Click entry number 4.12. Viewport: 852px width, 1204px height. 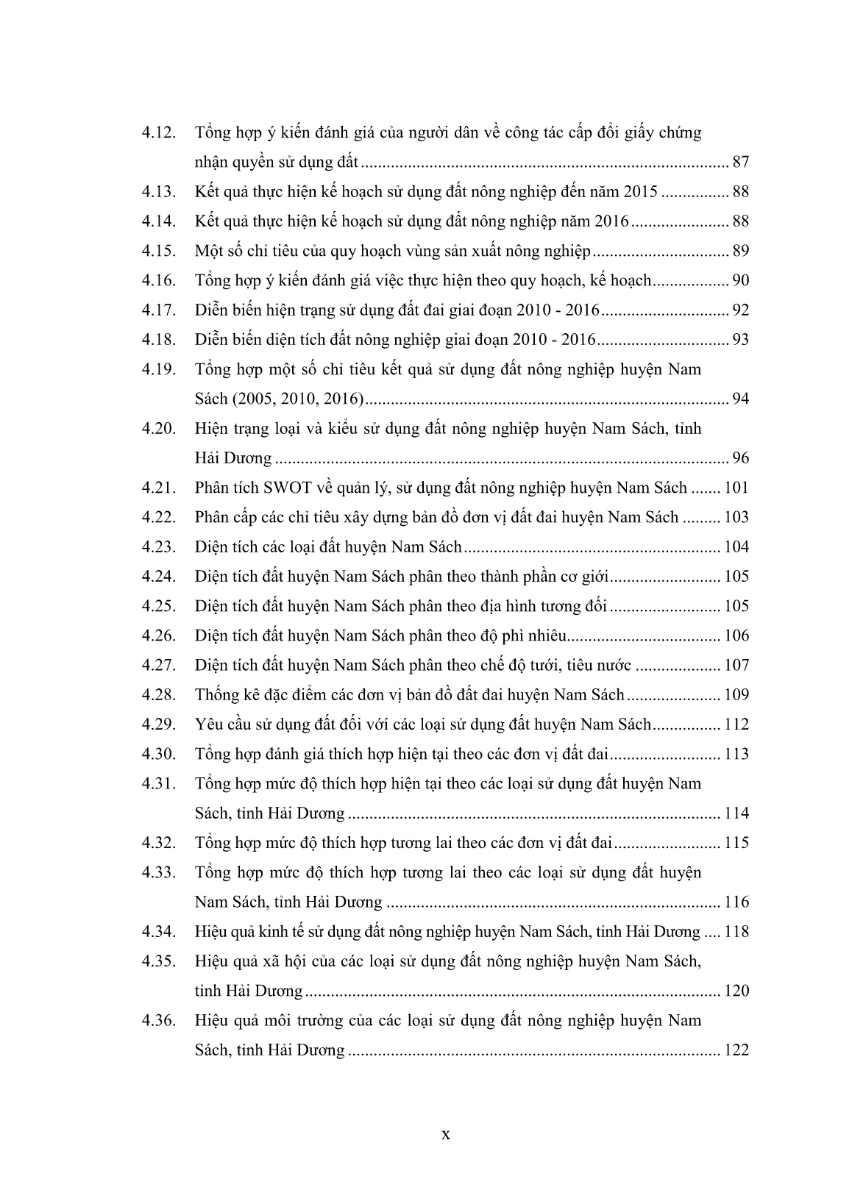point(159,133)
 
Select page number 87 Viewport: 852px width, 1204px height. point(740,163)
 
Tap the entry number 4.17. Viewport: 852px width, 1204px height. point(159,310)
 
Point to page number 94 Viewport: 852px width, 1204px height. point(740,399)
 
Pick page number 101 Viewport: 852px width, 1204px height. point(736,488)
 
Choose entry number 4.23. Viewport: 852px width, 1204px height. point(159,547)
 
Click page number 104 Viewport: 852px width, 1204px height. point(736,547)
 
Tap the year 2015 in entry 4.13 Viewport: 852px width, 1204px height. point(641,192)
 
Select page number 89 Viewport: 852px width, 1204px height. point(740,252)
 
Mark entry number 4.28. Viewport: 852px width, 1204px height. point(159,695)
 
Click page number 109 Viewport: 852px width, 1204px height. point(736,695)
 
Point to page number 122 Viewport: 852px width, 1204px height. point(736,1050)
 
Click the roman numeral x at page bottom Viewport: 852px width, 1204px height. point(445,1135)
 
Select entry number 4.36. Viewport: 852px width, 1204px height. point(159,1021)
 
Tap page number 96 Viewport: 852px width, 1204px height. point(740,458)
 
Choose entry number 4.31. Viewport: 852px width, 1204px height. point(159,784)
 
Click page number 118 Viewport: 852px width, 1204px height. point(736,932)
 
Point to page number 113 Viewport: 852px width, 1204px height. point(736,755)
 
